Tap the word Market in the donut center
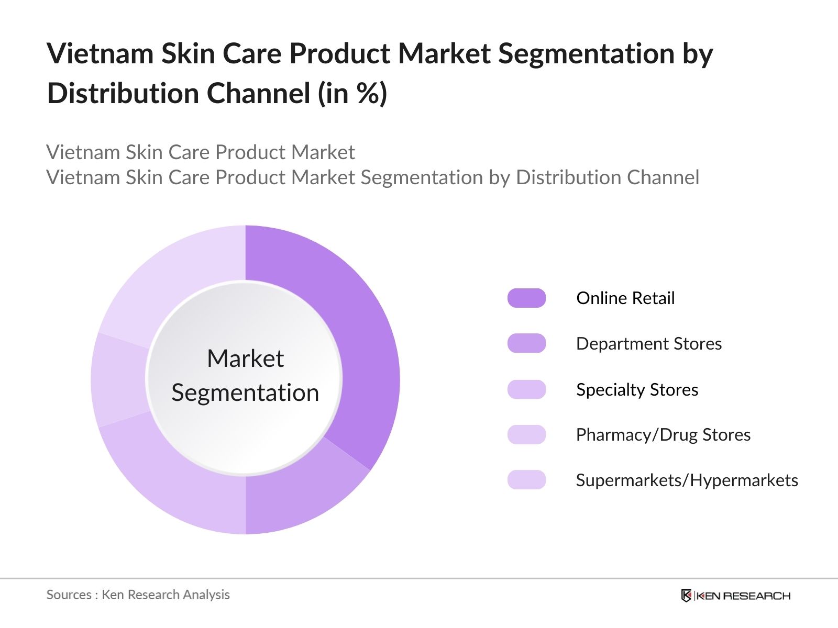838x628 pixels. pyautogui.click(x=245, y=359)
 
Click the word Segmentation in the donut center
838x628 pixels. pyautogui.click(x=245, y=392)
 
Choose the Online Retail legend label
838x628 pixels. pyautogui.click(x=625, y=298)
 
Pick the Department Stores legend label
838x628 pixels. pyautogui.click(x=649, y=344)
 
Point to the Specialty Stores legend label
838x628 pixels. pyautogui.click(x=637, y=390)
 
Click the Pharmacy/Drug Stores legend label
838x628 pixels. pyautogui.click(x=663, y=435)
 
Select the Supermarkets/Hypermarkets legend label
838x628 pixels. pyautogui.click(x=687, y=480)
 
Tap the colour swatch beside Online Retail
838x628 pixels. pyautogui.click(x=526, y=298)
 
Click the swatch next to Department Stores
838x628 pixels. pyautogui.click(x=526, y=344)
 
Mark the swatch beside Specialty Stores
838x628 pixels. pyautogui.click(x=526, y=390)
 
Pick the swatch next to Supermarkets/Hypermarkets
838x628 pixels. pyautogui.click(x=526, y=480)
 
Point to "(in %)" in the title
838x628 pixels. pyautogui.click(x=352, y=94)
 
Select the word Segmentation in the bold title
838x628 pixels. pyautogui.click(x=586, y=54)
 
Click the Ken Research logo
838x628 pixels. pyautogui.click(x=735, y=596)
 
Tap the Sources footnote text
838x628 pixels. pyautogui.click(x=138, y=595)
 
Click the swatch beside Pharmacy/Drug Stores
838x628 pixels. pyautogui.click(x=526, y=435)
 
